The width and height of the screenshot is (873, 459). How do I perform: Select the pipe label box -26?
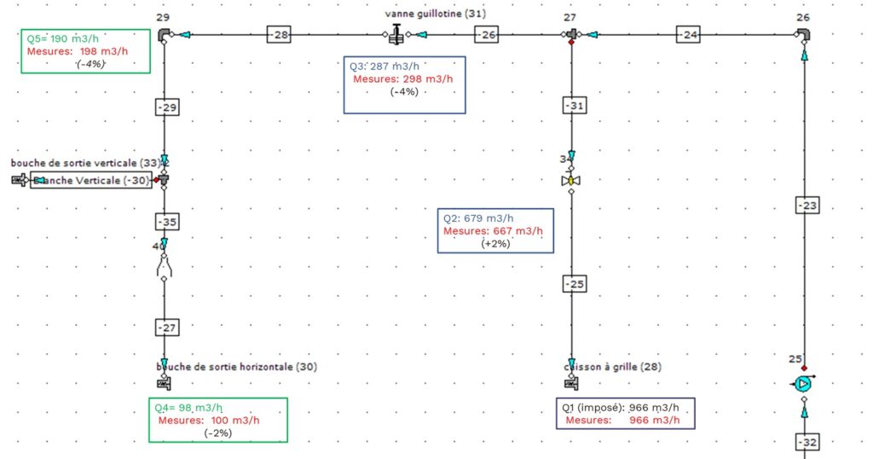coord(485,35)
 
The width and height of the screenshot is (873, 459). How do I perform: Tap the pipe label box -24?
coord(689,35)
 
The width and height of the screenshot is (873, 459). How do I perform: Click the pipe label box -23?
coord(807,205)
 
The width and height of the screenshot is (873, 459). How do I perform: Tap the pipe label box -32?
coord(807,442)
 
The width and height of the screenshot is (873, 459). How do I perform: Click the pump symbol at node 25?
coord(803,385)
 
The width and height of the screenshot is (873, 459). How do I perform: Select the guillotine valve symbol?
coord(396,36)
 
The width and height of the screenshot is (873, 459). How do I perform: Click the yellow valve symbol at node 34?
coord(570,181)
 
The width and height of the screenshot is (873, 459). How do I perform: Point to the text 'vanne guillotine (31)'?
coord(435,15)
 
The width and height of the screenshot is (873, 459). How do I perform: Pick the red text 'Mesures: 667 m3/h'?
coord(493,231)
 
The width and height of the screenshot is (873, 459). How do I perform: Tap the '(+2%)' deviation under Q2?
coord(496,244)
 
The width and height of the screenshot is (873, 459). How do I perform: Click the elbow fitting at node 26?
coord(803,35)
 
